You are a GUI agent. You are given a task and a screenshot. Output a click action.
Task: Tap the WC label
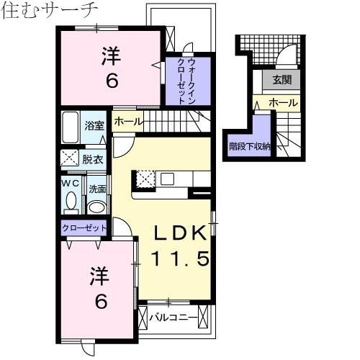tap(70, 184)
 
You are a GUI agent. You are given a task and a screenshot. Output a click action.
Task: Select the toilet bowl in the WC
tap(70, 204)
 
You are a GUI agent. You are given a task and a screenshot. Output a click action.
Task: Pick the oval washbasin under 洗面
tap(96, 207)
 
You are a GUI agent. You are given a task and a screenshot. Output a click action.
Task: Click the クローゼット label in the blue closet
tap(84, 228)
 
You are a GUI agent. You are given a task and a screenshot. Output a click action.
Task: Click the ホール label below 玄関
tap(282, 104)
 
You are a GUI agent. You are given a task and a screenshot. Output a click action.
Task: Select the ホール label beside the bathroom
tap(128, 122)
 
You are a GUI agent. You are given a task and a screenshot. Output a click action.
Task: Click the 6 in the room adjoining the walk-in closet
tap(112, 81)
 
